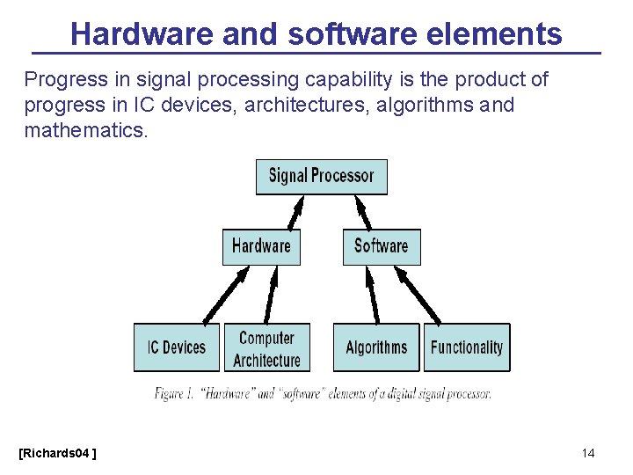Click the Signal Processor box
pos(321,177)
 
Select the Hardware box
pos(261,246)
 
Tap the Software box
pos(382,246)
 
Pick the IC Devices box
pos(176,347)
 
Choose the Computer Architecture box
pos(267,347)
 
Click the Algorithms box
pos(376,347)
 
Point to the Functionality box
pos(467,347)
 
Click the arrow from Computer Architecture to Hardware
pos(271,295)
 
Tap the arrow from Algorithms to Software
pos(373,295)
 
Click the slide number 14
pos(588,453)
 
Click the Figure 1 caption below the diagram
pos(322,394)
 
